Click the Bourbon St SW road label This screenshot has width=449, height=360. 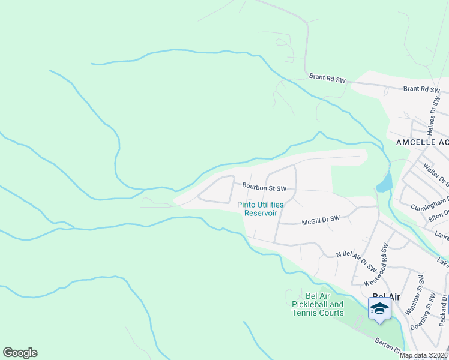(264, 187)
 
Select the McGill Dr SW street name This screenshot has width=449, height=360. (321, 219)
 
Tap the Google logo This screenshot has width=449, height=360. (20, 353)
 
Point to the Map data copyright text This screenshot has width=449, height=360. (424, 355)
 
